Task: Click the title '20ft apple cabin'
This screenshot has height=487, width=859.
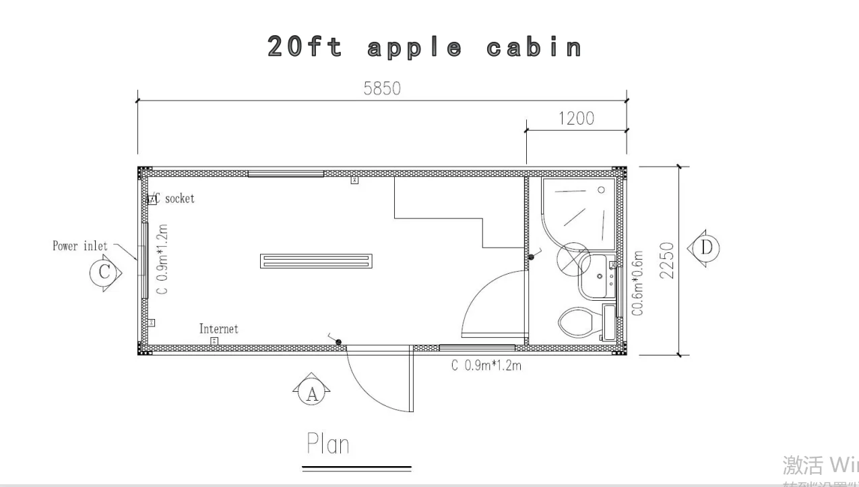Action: tap(425, 47)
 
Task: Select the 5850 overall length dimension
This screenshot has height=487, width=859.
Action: tap(382, 88)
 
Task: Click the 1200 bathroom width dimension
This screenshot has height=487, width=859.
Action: tap(576, 118)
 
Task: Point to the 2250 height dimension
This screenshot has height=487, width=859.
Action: tap(666, 261)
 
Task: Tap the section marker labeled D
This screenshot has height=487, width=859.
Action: tap(705, 248)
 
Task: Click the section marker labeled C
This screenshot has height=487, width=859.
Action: tap(104, 273)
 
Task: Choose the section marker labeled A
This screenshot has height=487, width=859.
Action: tap(311, 393)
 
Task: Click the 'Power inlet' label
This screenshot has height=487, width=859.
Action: tap(79, 246)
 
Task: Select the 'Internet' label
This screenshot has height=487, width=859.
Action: tap(218, 329)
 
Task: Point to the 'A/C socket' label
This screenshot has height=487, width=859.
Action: tap(174, 198)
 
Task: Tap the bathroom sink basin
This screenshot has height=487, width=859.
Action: tap(597, 276)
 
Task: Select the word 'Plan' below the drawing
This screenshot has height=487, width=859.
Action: tap(328, 444)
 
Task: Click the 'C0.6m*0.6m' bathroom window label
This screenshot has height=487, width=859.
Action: tap(637, 283)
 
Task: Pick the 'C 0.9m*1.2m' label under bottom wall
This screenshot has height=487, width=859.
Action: tap(486, 366)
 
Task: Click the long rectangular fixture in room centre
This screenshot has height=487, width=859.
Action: tap(316, 261)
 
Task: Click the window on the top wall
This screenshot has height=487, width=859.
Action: tap(286, 174)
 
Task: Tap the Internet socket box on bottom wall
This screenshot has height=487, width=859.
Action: tap(214, 341)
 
